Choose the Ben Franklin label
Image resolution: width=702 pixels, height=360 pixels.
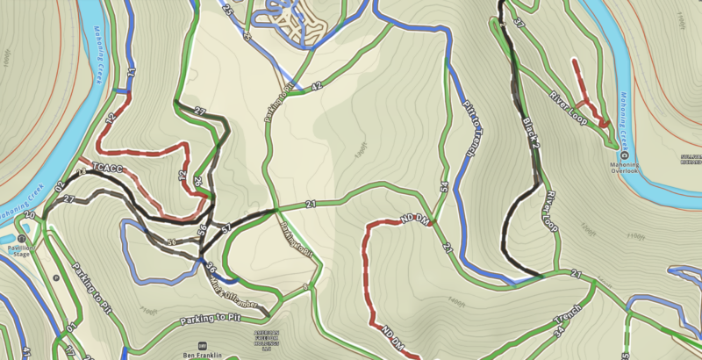tap(204, 355)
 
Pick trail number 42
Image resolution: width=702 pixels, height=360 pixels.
tap(317, 85)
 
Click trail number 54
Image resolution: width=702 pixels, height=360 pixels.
tap(444, 186)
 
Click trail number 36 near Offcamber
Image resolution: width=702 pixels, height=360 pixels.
tap(211, 266)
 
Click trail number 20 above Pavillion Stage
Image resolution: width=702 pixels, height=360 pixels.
tap(29, 215)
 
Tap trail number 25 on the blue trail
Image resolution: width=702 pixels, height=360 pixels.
tap(227, 11)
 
